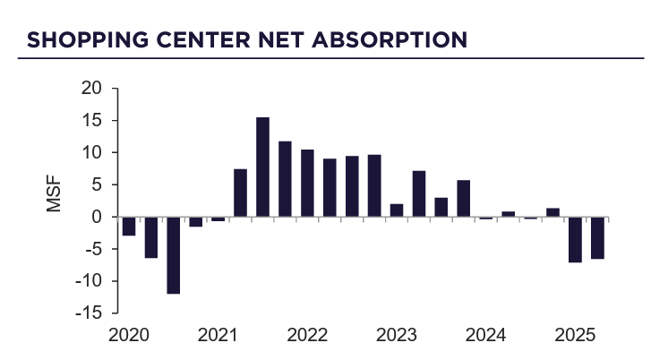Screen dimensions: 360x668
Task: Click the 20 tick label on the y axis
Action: (x=91, y=89)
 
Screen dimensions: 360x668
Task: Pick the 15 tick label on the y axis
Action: (x=91, y=121)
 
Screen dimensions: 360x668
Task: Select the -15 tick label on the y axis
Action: (x=88, y=313)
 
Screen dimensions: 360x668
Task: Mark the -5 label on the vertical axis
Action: (x=91, y=249)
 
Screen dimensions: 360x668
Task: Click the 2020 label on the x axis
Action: (x=127, y=336)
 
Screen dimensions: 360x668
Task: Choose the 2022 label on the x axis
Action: (x=306, y=336)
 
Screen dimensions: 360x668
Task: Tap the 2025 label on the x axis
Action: (x=575, y=336)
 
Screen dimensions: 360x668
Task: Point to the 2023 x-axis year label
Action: (x=396, y=336)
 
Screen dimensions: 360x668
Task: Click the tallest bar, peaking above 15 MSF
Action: (x=262, y=167)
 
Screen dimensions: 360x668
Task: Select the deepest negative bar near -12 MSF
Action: (x=173, y=255)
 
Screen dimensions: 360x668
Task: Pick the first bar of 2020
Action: (x=129, y=226)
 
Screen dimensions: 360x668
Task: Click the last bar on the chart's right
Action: (x=597, y=237)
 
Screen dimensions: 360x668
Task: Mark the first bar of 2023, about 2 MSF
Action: (x=397, y=210)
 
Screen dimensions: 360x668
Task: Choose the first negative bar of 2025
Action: (x=575, y=239)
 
